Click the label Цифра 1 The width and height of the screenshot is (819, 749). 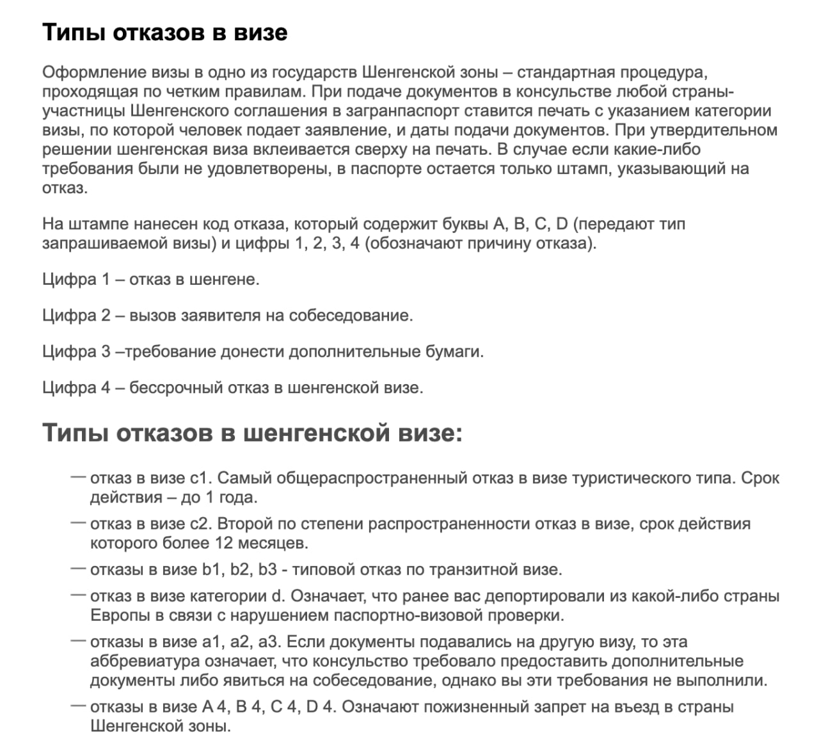76,280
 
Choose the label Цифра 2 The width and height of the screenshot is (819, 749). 76,316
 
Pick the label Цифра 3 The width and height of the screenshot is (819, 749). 76,351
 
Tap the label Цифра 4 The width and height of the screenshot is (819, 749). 76,387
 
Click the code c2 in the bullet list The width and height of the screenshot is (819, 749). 200,524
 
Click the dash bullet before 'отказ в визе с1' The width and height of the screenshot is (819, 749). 78,477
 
